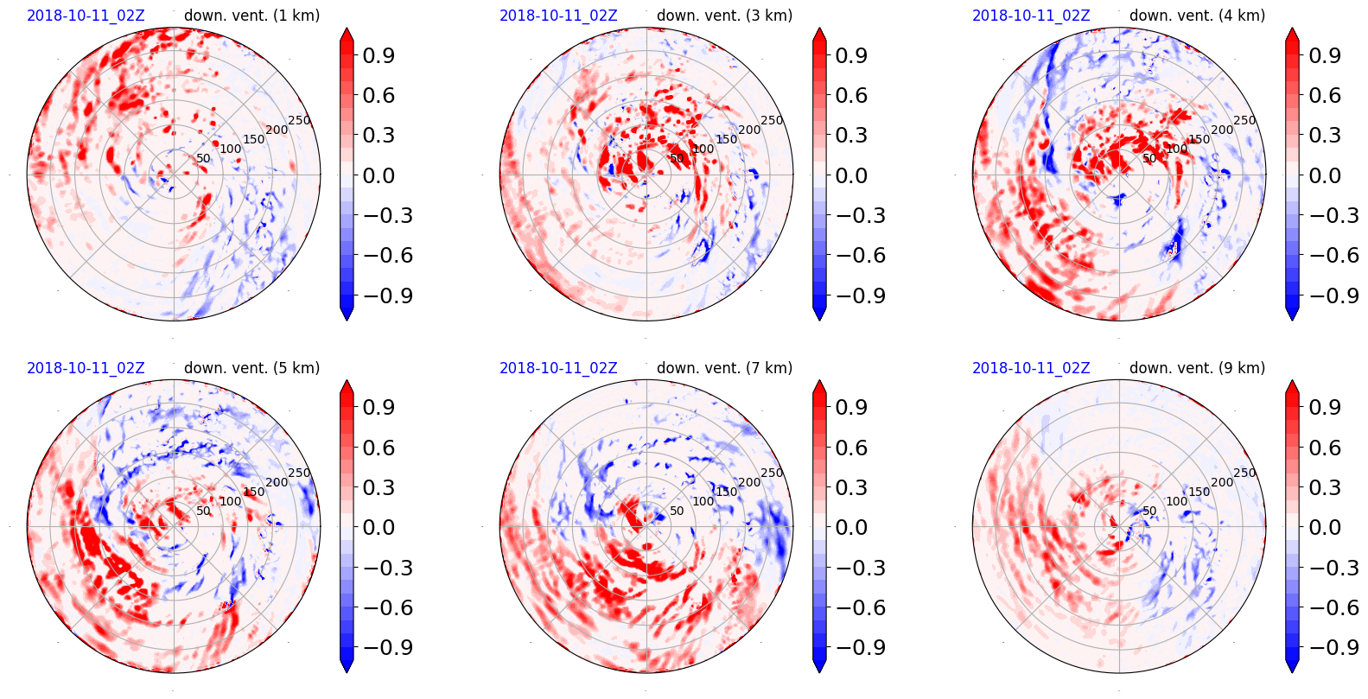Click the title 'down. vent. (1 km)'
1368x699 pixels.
click(251, 16)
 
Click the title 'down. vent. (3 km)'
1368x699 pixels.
click(724, 16)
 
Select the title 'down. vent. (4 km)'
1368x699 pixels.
click(1197, 16)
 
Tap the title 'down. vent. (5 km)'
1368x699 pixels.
click(251, 368)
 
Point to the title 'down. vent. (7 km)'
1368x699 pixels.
click(724, 368)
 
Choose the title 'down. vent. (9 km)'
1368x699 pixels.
click(1197, 368)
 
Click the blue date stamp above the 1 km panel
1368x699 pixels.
click(86, 16)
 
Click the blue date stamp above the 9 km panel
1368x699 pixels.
click(1031, 368)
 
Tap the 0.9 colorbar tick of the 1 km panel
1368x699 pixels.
click(378, 55)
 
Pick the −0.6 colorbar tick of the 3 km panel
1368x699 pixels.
click(850, 255)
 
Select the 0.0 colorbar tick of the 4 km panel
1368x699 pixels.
click(1323, 175)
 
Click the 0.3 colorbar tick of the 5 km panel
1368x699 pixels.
click(378, 487)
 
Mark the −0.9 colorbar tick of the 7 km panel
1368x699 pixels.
click(850, 647)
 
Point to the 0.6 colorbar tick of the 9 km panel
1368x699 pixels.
click(1323, 448)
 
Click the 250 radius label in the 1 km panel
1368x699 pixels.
click(299, 121)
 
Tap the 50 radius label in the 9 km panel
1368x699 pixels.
click(1149, 511)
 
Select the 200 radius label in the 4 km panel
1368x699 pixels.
click(1222, 130)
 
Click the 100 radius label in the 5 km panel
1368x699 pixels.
click(231, 501)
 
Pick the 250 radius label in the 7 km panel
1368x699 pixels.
click(772, 473)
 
